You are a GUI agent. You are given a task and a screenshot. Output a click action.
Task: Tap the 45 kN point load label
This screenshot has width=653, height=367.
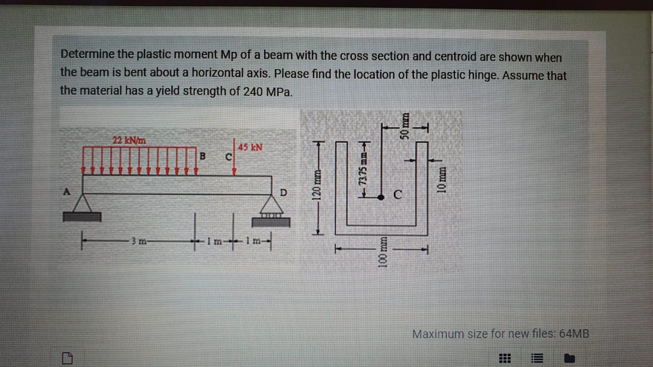[250, 147]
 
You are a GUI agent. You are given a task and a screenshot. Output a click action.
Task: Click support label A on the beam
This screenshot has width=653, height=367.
[66, 191]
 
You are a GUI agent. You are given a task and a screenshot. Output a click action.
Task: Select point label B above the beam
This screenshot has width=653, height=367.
[202, 156]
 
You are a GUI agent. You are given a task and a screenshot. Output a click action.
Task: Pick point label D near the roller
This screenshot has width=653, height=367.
[283, 192]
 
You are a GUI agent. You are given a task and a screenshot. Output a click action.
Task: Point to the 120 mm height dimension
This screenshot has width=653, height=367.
[316, 186]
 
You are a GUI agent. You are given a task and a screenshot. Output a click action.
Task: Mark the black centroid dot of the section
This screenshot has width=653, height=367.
[380, 197]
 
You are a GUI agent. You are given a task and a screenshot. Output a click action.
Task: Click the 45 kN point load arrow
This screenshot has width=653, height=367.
[234, 159]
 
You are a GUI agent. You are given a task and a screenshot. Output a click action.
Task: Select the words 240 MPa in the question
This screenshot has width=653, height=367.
[267, 91]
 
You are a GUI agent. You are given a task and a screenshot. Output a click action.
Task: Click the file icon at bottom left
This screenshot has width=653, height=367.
[67, 359]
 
